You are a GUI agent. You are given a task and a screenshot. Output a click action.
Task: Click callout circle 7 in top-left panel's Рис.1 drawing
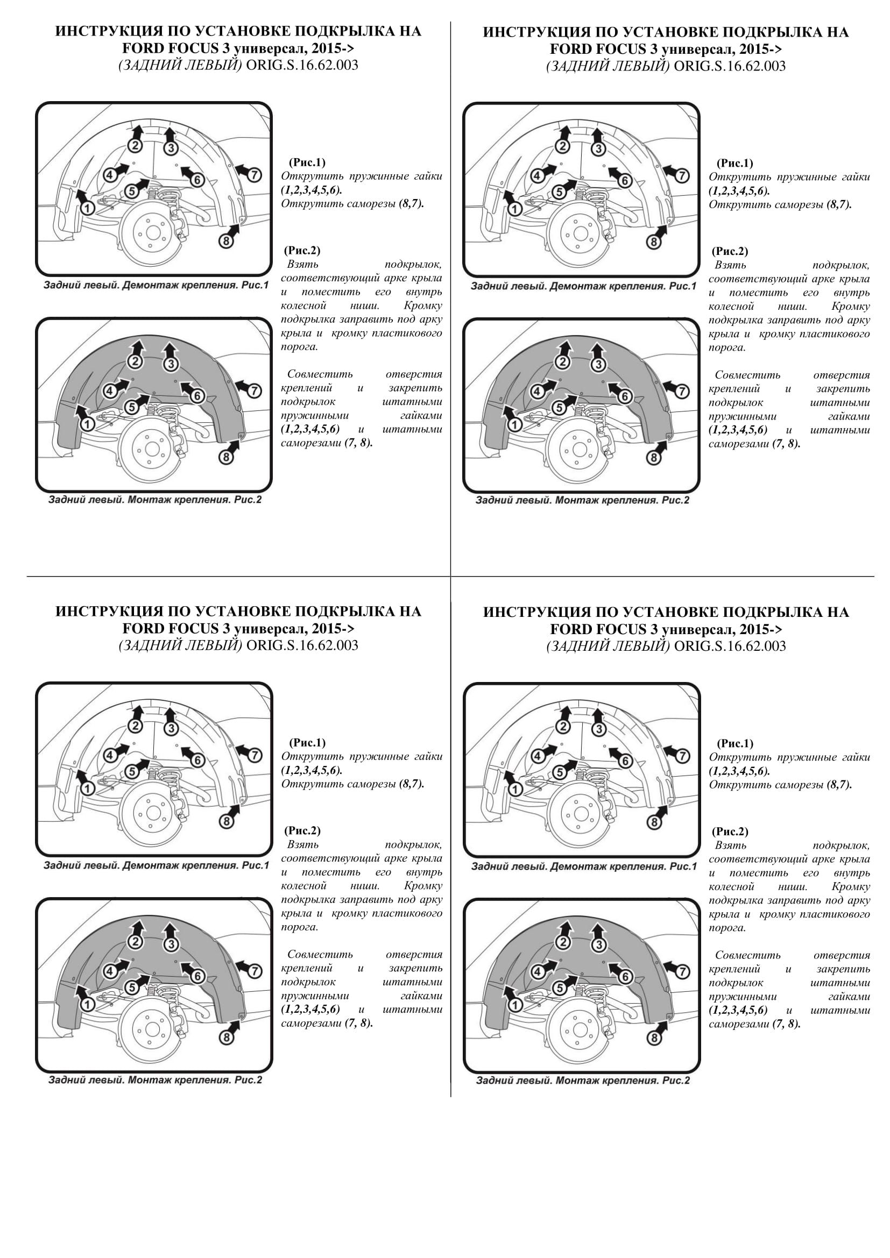254,175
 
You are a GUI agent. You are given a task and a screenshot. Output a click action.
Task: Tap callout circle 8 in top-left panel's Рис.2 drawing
225,457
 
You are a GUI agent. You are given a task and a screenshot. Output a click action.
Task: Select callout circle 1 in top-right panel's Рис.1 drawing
514,209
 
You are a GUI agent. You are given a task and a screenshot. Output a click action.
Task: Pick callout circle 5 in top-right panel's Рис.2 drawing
559,408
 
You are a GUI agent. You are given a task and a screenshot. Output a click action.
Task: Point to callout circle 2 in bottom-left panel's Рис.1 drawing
136,726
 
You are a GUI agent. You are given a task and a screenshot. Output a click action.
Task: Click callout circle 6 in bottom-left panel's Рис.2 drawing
197,976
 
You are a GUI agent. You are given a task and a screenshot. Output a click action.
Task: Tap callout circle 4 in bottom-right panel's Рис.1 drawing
538,756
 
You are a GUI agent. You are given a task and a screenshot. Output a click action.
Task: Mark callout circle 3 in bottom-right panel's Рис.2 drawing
598,944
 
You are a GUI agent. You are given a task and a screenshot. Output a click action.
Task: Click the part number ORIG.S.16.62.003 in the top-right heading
730,66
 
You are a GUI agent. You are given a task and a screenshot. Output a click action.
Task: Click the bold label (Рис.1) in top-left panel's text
307,162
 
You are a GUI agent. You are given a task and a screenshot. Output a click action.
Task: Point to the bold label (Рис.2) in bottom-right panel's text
730,831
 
